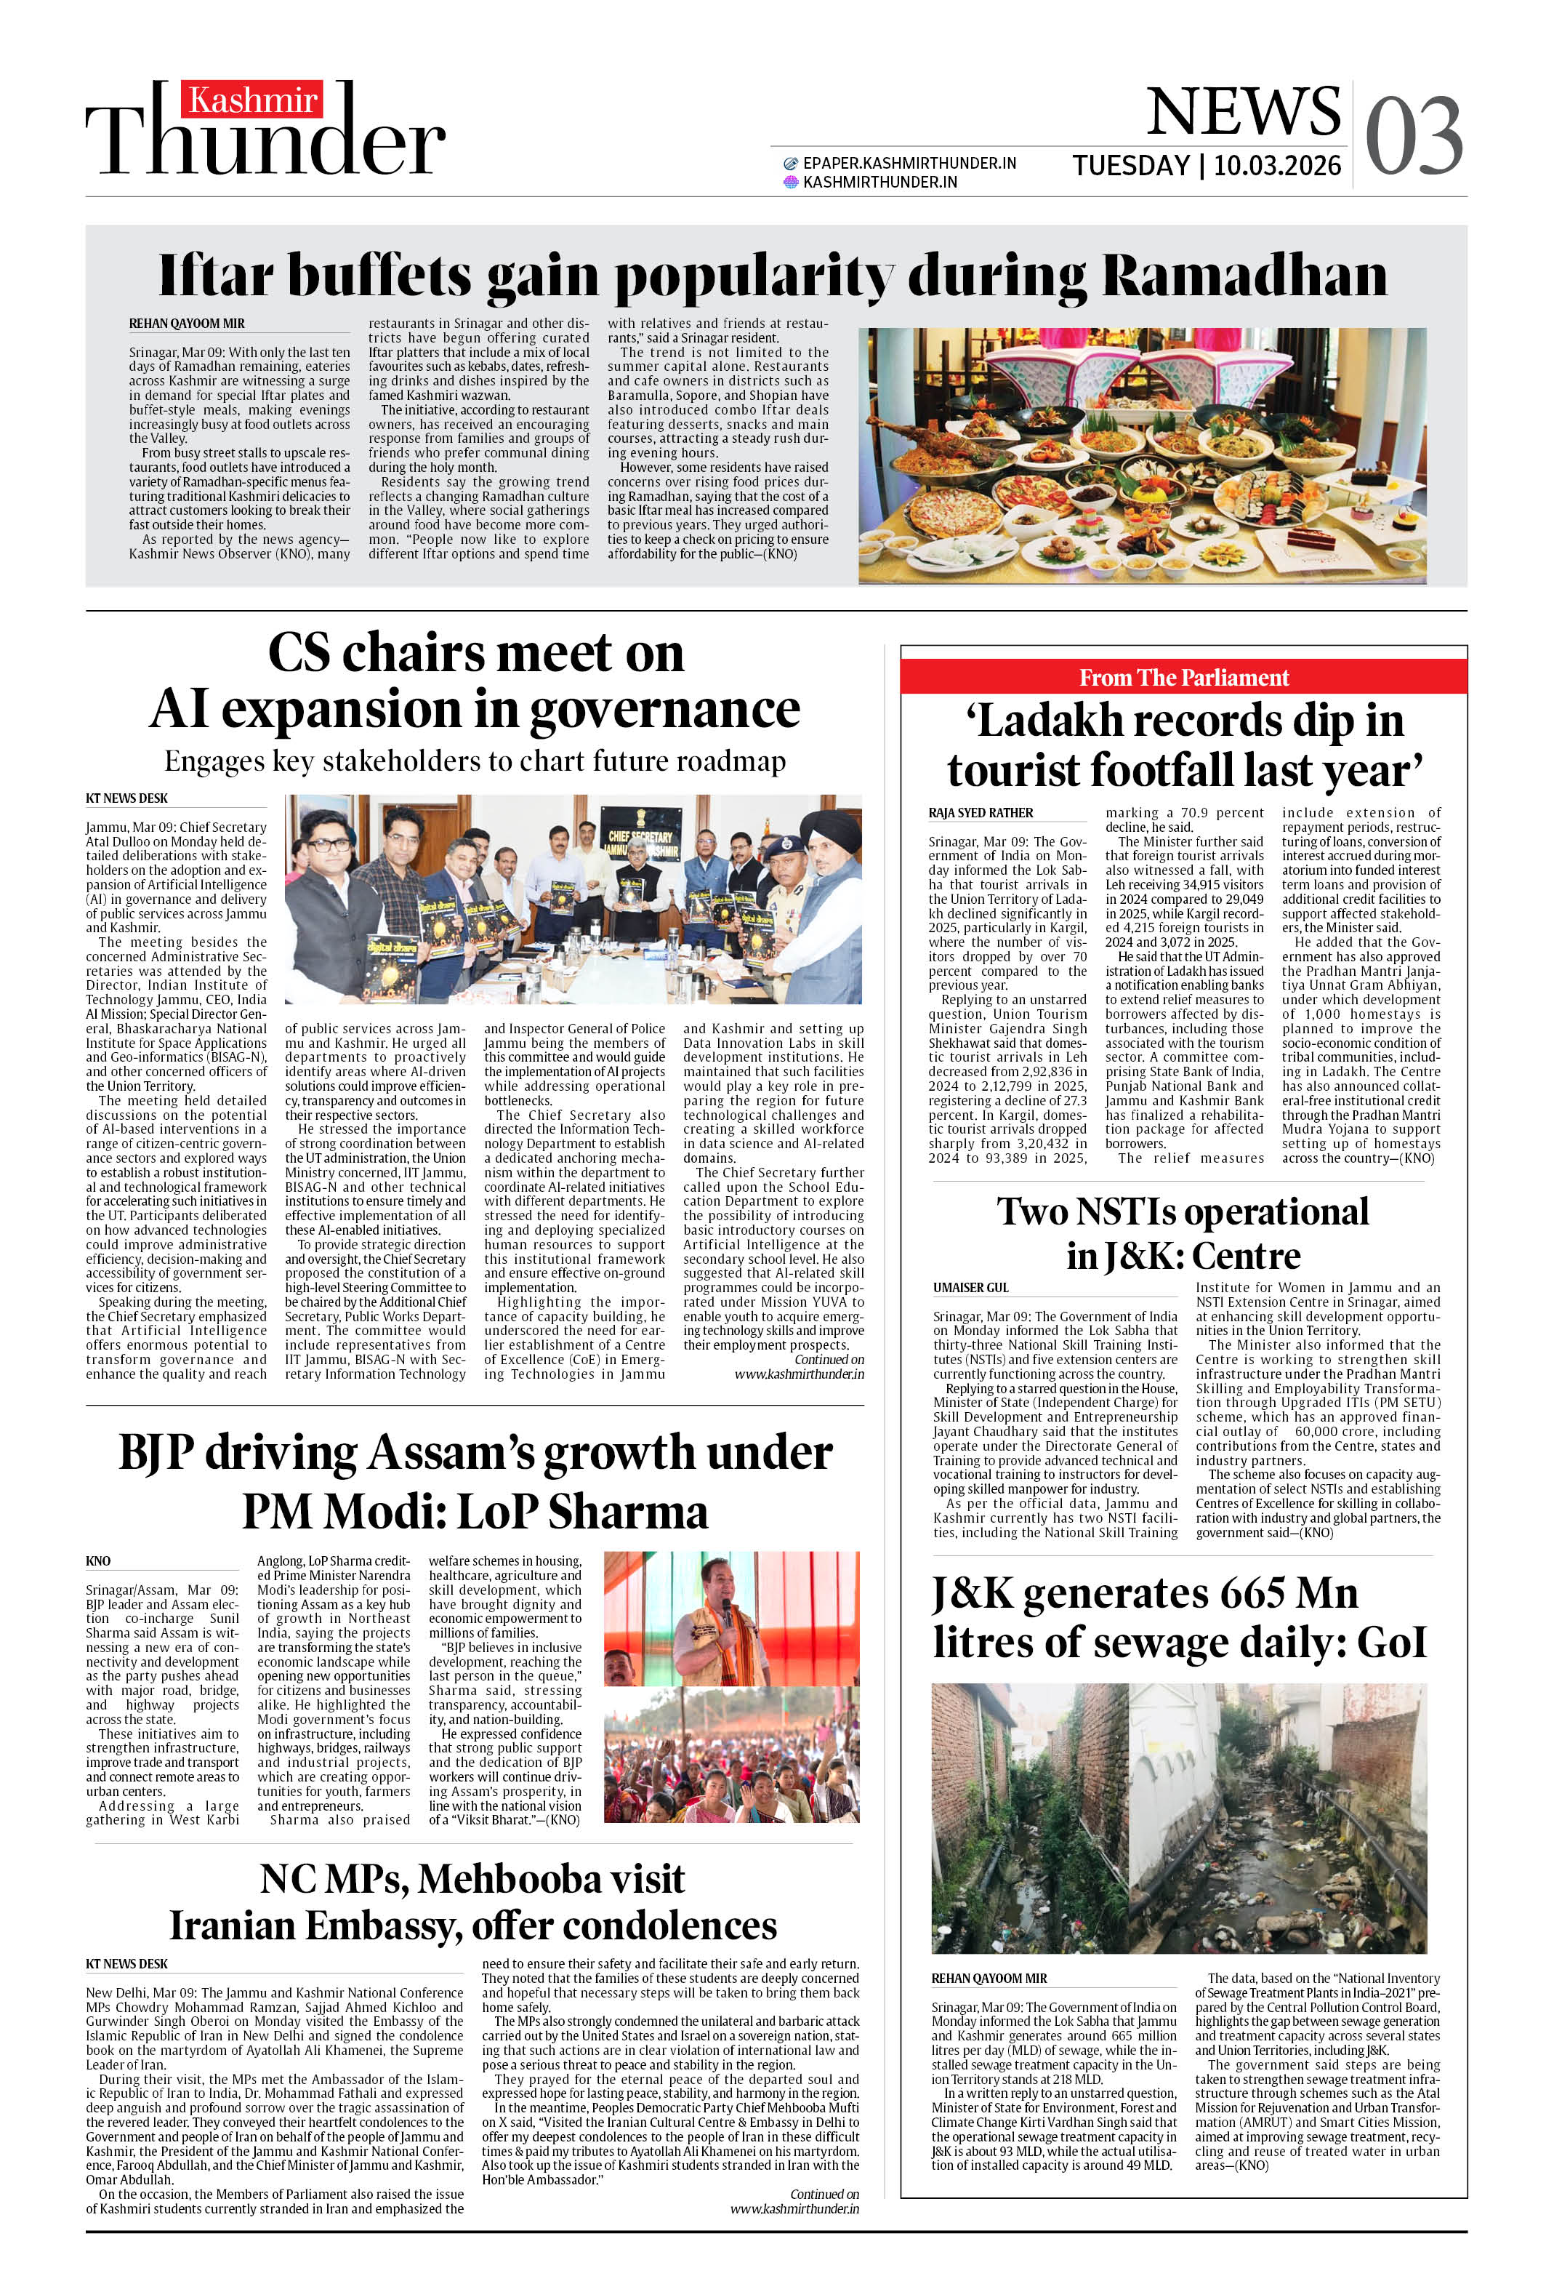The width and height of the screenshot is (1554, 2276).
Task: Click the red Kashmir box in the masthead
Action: [251, 100]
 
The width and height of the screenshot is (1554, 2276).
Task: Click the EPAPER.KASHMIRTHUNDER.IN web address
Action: [909, 164]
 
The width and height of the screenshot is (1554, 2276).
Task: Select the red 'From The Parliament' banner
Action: [1183, 678]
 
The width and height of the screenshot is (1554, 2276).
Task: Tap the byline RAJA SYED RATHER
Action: [981, 813]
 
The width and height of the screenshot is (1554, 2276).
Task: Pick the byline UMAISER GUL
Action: [970, 1287]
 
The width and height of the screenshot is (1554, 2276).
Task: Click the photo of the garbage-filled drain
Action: [1178, 1818]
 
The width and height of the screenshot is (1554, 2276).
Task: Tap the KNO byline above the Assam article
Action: [98, 1561]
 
